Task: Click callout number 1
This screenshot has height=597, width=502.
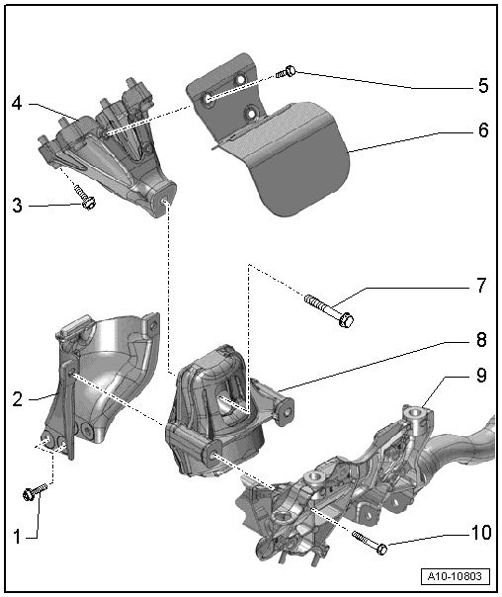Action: click(x=17, y=537)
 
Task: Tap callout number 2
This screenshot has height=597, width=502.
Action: click(x=17, y=399)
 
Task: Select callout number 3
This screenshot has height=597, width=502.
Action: click(x=17, y=206)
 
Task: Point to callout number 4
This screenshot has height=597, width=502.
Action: click(x=17, y=103)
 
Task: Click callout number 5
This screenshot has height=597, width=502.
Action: click(x=483, y=86)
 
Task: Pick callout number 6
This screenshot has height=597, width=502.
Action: click(x=483, y=130)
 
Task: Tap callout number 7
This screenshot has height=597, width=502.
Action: click(x=481, y=286)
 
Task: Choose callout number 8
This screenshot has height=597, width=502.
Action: click(x=481, y=339)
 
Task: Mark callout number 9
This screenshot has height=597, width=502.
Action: click(x=481, y=376)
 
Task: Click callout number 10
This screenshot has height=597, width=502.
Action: click(x=481, y=533)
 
